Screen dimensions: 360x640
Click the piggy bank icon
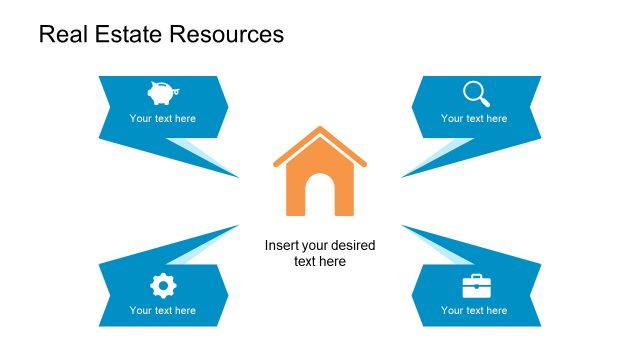coord(161,93)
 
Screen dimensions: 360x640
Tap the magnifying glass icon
coord(476,93)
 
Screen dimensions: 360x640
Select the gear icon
coord(162,286)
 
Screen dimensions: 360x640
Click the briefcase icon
coord(476,287)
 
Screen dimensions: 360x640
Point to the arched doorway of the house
coord(320,196)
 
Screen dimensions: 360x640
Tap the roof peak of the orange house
coord(320,129)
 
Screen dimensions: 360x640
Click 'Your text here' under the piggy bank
coord(162,118)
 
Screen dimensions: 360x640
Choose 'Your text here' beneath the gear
coord(162,310)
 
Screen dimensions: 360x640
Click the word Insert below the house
coord(281,245)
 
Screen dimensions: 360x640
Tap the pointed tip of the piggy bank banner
coord(238,177)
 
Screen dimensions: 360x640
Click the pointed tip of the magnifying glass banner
coord(402,177)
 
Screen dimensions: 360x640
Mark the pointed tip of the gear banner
coord(238,226)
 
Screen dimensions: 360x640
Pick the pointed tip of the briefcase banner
coord(402,226)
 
